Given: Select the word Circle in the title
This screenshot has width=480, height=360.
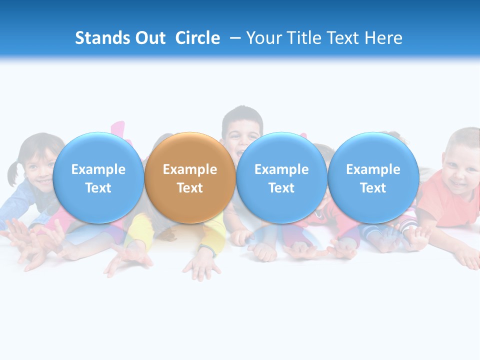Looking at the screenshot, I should point(197,38).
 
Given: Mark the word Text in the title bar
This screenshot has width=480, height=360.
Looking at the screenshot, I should point(344,38).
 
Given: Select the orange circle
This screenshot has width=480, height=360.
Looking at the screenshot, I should point(190,177).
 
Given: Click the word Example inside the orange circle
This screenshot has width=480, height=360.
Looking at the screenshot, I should point(190,169).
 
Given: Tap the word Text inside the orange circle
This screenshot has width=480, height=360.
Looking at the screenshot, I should point(190,188).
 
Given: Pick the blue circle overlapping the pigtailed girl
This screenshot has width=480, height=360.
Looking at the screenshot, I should point(98,177).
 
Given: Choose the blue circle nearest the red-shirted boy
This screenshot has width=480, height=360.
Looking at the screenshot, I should point(373,177).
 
